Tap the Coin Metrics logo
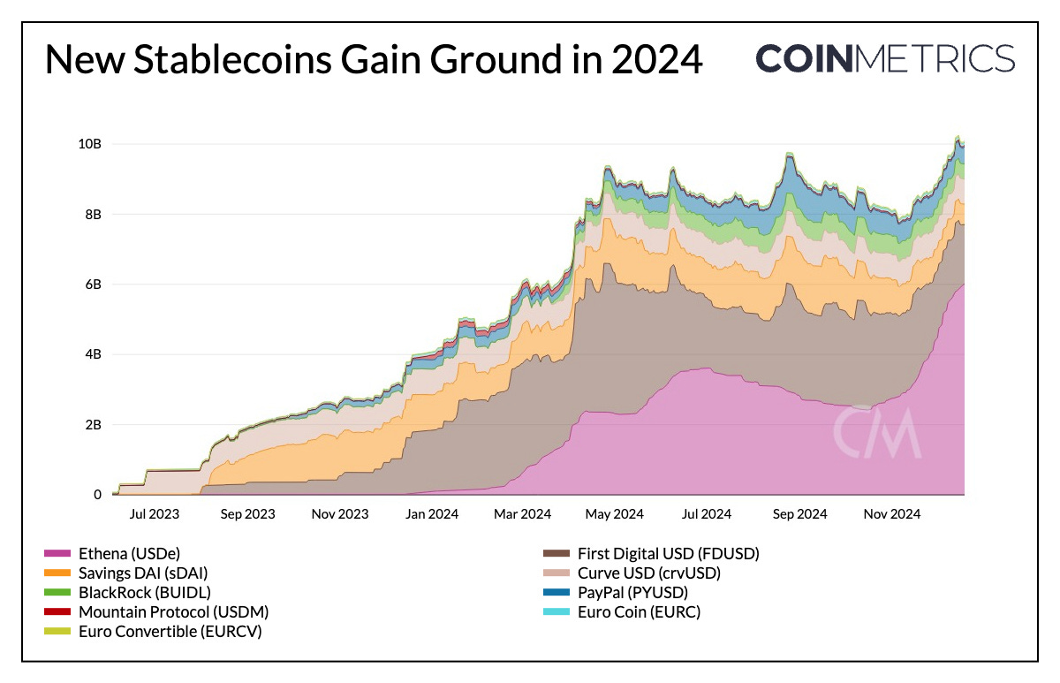point(885,58)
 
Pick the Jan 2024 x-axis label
point(432,513)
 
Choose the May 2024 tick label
point(616,513)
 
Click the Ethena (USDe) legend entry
point(129,554)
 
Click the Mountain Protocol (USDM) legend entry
point(173,611)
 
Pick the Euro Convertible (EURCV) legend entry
point(170,631)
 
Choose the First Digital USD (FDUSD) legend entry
point(668,554)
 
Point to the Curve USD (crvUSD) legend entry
point(648,573)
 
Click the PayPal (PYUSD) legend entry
point(632,593)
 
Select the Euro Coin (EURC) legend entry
point(638,611)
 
